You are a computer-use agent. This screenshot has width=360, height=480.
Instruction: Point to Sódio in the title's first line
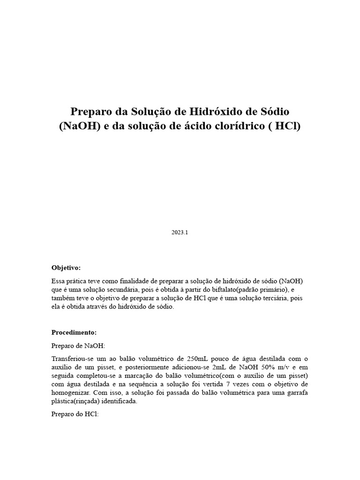click(x=274, y=112)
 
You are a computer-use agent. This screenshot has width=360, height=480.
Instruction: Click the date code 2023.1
click(x=180, y=232)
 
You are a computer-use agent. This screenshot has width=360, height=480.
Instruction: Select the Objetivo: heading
click(x=66, y=268)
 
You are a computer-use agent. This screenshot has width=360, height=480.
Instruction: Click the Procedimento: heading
click(x=74, y=332)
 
